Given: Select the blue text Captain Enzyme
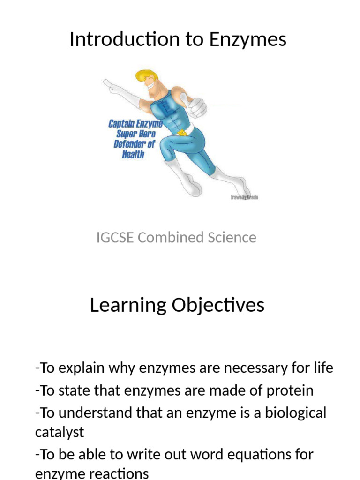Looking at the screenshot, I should [135, 124].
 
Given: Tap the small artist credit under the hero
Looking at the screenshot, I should [244, 197].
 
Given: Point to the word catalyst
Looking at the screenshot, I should [60, 432].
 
